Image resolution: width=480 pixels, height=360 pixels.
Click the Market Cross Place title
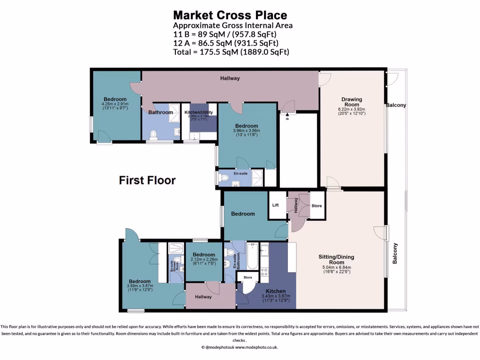tap(230, 15)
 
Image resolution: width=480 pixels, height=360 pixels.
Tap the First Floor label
tap(147, 180)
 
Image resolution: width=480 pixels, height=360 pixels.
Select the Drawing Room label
tap(352, 102)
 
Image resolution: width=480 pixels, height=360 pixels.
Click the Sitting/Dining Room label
tap(336, 260)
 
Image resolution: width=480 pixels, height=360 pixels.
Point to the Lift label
tap(276, 205)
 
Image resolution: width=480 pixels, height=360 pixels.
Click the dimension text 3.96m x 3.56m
tap(246, 131)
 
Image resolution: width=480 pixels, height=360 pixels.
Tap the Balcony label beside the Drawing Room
tap(396, 105)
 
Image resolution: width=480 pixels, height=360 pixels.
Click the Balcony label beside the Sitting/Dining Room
tap(395, 253)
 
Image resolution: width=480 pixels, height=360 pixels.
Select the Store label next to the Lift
tap(317, 205)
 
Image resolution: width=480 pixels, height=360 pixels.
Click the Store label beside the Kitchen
tap(247, 277)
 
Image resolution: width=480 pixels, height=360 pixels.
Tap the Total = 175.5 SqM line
tap(231, 52)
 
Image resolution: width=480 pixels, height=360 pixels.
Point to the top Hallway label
tap(230, 78)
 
